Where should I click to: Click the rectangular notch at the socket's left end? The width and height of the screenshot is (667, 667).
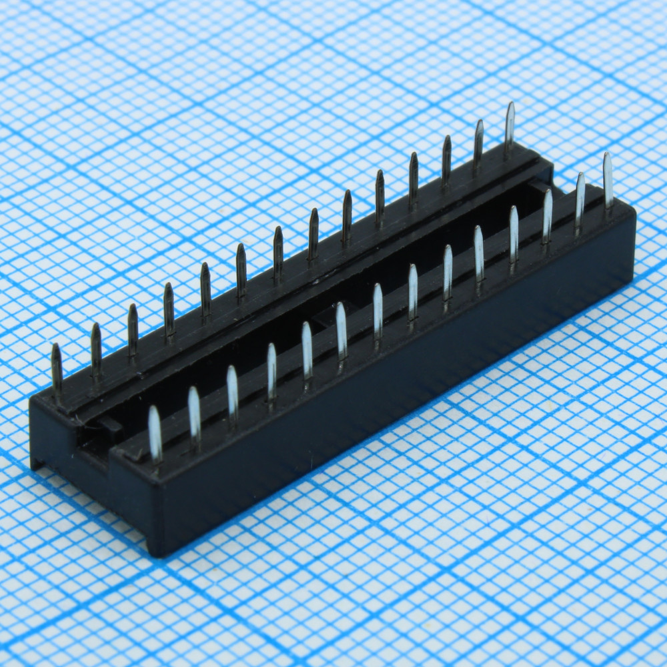click(x=100, y=437)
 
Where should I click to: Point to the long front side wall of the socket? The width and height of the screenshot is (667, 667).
click(x=400, y=387)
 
